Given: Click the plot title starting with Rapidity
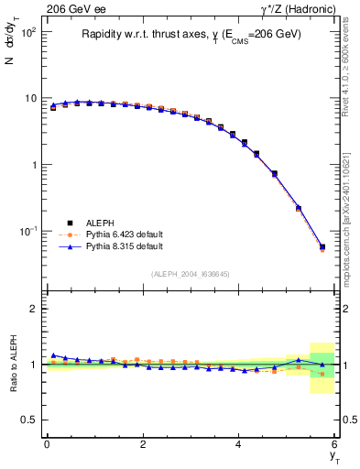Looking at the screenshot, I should tap(191, 36).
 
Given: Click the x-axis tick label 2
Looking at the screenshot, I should tap(143, 444).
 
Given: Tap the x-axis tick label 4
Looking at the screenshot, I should tap(239, 444).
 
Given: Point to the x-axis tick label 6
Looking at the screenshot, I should tap(335, 444).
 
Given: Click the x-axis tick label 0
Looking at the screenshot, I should tap(47, 444).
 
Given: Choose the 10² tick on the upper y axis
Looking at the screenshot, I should tap(27, 32).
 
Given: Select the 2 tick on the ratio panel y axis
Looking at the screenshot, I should tap(32, 309).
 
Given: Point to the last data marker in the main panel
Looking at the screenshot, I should tap(322, 247).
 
